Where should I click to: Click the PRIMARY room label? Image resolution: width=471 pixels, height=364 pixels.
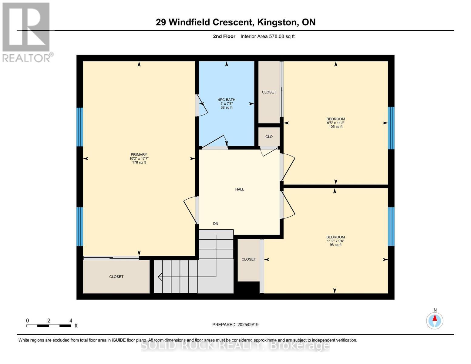click(x=139, y=154)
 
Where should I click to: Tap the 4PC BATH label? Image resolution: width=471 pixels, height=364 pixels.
click(x=227, y=100)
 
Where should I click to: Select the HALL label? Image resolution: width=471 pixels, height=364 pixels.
click(x=240, y=189)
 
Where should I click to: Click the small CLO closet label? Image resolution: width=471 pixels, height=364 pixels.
click(x=269, y=137)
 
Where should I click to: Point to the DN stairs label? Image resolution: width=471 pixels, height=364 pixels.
click(x=216, y=224)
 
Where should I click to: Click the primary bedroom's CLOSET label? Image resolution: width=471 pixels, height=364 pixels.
click(x=116, y=277)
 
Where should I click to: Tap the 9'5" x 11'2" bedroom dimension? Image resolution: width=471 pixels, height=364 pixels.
click(x=335, y=123)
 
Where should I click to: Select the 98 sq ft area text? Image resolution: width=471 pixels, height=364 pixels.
click(x=335, y=245)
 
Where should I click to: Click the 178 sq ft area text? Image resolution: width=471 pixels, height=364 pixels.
click(x=139, y=163)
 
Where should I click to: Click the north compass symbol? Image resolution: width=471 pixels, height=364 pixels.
click(x=435, y=320)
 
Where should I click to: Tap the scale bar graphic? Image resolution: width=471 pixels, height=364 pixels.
click(x=49, y=326)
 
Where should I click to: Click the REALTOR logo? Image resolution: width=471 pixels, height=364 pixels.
click(x=26, y=32)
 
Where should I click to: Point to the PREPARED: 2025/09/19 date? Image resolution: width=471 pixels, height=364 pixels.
click(x=235, y=325)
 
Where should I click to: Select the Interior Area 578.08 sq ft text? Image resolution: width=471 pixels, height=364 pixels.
click(x=267, y=36)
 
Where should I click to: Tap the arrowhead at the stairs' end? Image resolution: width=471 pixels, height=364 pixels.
click(x=160, y=277)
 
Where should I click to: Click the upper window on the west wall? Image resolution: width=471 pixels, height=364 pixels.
click(x=79, y=127)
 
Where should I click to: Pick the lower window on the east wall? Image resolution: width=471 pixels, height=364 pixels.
click(x=391, y=226)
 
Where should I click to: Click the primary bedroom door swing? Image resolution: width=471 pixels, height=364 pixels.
click(x=190, y=209)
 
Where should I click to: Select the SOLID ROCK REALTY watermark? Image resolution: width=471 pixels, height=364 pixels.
click(x=235, y=345)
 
